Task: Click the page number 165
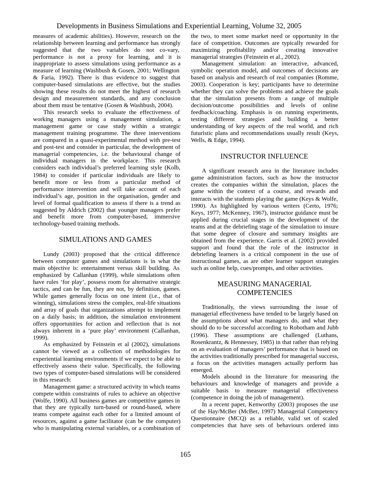click(x=185, y=454)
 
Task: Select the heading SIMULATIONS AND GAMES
click(x=105, y=239)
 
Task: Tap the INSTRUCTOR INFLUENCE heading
click(x=264, y=157)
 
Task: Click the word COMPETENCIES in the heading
click(x=264, y=293)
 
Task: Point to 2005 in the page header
click(x=294, y=26)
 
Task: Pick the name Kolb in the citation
click(x=174, y=168)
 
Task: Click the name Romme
click(x=328, y=78)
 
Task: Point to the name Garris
click(x=275, y=241)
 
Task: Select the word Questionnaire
click(x=208, y=418)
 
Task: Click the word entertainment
click(x=109, y=268)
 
